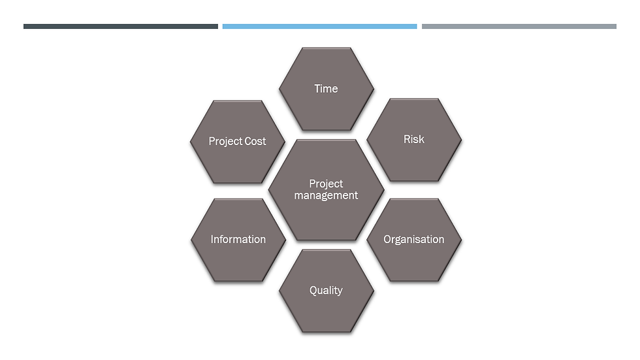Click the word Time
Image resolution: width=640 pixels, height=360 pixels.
(x=326, y=89)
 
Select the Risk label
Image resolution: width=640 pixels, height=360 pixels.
(x=414, y=139)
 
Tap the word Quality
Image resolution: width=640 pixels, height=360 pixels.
(x=326, y=290)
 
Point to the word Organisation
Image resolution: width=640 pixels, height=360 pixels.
(x=414, y=240)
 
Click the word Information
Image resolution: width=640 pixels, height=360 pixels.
(x=238, y=240)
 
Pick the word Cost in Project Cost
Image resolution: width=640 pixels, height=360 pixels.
(x=255, y=141)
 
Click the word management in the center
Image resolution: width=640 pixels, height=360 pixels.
(x=326, y=195)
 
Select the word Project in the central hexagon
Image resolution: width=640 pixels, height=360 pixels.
(x=326, y=184)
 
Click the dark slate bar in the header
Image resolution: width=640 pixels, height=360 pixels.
(x=121, y=27)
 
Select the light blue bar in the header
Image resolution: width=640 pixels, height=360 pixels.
(x=319, y=27)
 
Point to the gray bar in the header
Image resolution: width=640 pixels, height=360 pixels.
(x=519, y=27)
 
